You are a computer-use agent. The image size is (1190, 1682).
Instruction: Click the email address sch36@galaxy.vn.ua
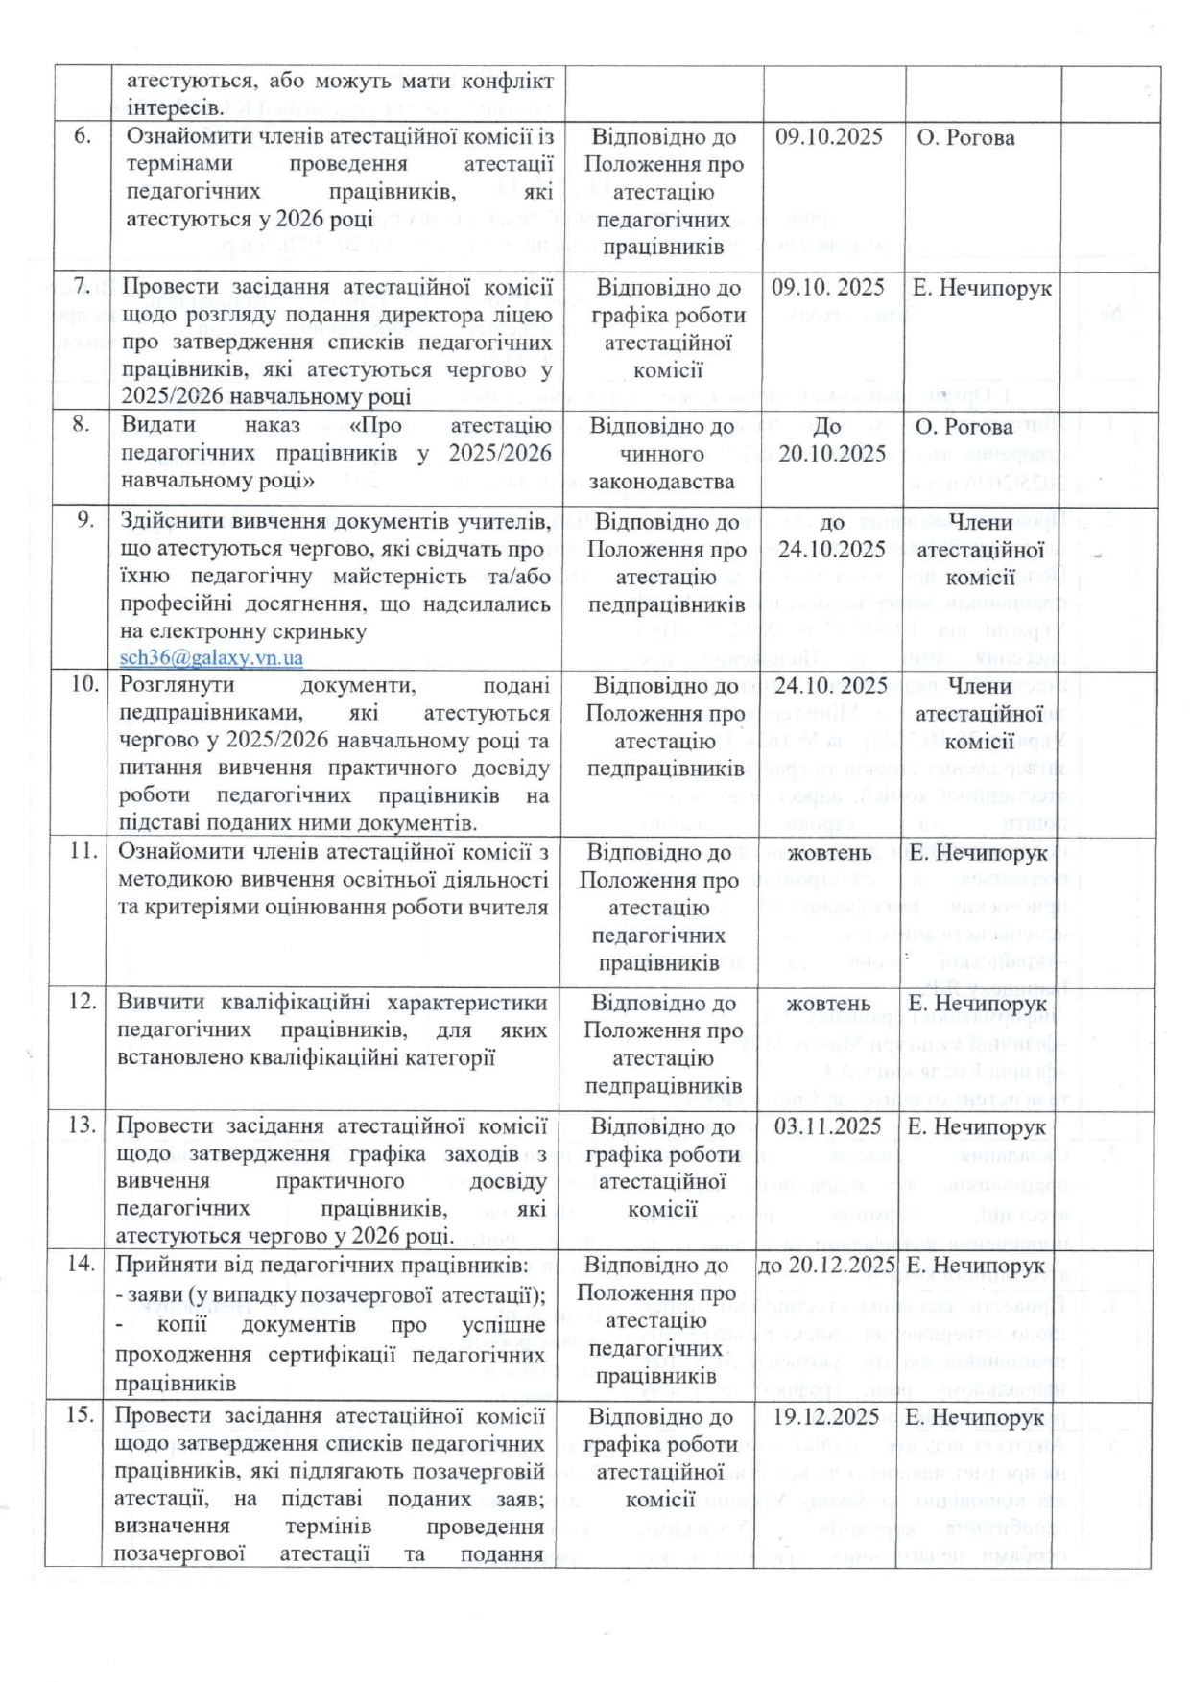pyautogui.click(x=211, y=658)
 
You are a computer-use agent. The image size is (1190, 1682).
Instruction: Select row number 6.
pyautogui.click(x=83, y=136)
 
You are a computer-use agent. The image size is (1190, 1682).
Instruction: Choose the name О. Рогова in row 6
pyautogui.click(x=965, y=138)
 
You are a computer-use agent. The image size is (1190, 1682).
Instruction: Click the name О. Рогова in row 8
pyautogui.click(x=965, y=427)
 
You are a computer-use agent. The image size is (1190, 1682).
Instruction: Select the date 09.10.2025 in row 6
pyautogui.click(x=829, y=137)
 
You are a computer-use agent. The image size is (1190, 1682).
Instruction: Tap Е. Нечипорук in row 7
pyautogui.click(x=982, y=288)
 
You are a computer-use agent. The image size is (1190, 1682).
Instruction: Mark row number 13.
pyautogui.click(x=83, y=1125)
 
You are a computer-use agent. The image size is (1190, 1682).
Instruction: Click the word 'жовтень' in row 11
pyautogui.click(x=829, y=853)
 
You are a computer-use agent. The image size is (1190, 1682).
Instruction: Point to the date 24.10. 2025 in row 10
pyautogui.click(x=830, y=686)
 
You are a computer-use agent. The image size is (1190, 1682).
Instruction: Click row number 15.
pyautogui.click(x=82, y=1416)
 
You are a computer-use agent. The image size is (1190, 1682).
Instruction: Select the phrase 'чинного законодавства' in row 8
pyautogui.click(x=662, y=467)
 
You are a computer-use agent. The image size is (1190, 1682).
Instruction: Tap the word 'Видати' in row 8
pyautogui.click(x=158, y=425)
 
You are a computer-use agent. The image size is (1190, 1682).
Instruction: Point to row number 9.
pyautogui.click(x=85, y=520)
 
